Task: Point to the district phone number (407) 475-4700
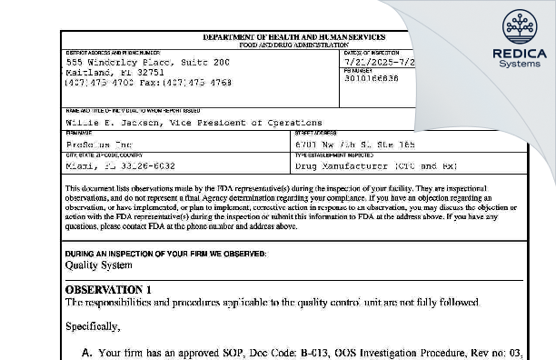(x=99, y=82)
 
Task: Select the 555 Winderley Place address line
(x=145, y=61)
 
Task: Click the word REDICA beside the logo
(x=520, y=54)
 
